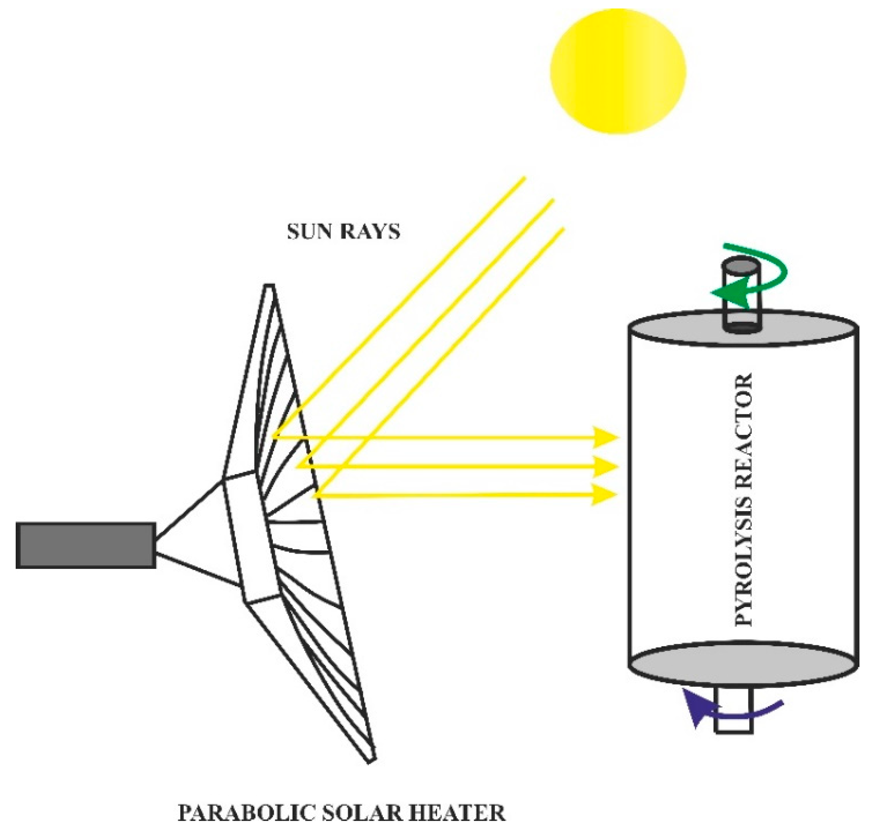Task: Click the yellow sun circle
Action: coord(618,71)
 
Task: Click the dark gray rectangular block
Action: coord(86,545)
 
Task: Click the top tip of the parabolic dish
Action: coord(269,287)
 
